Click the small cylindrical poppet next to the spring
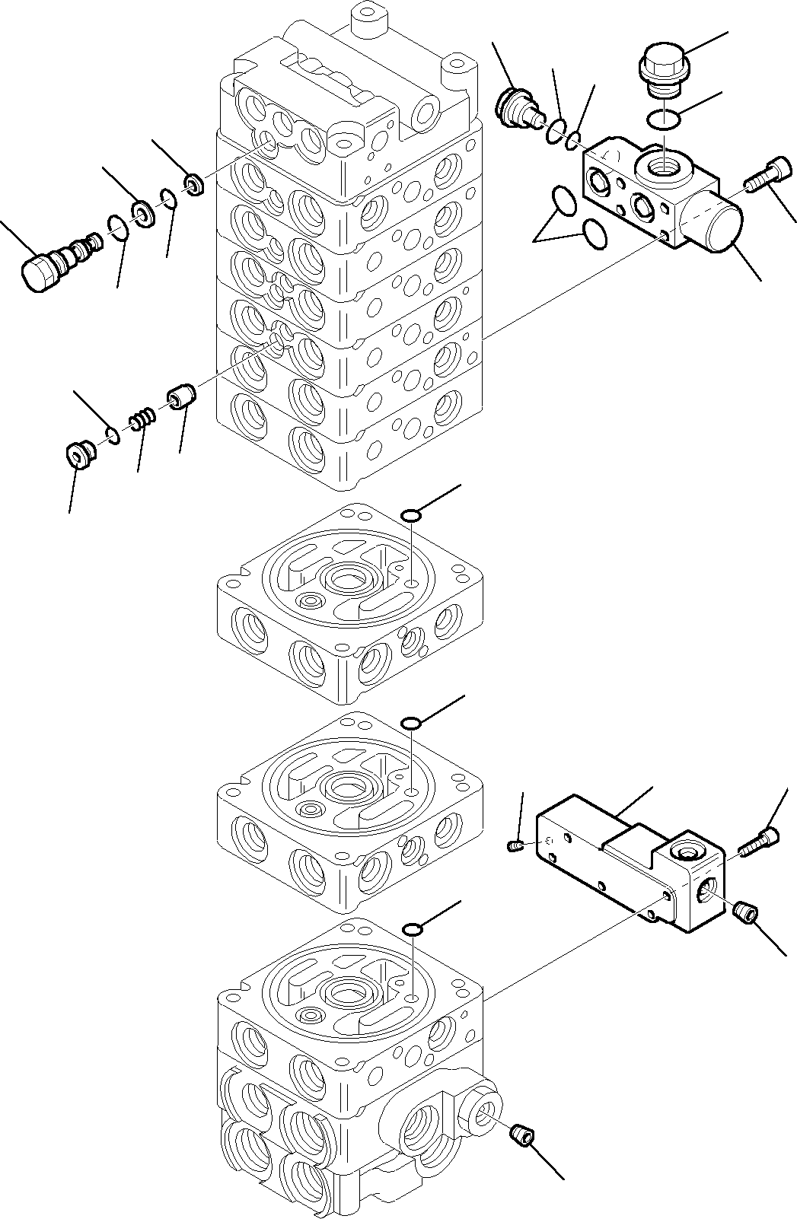pyautogui.click(x=181, y=398)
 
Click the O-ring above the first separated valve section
pyautogui.click(x=410, y=517)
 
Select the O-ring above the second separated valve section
pyautogui.click(x=410, y=723)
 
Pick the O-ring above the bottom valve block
pyautogui.click(x=411, y=929)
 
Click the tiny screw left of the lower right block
pyautogui.click(x=515, y=845)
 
